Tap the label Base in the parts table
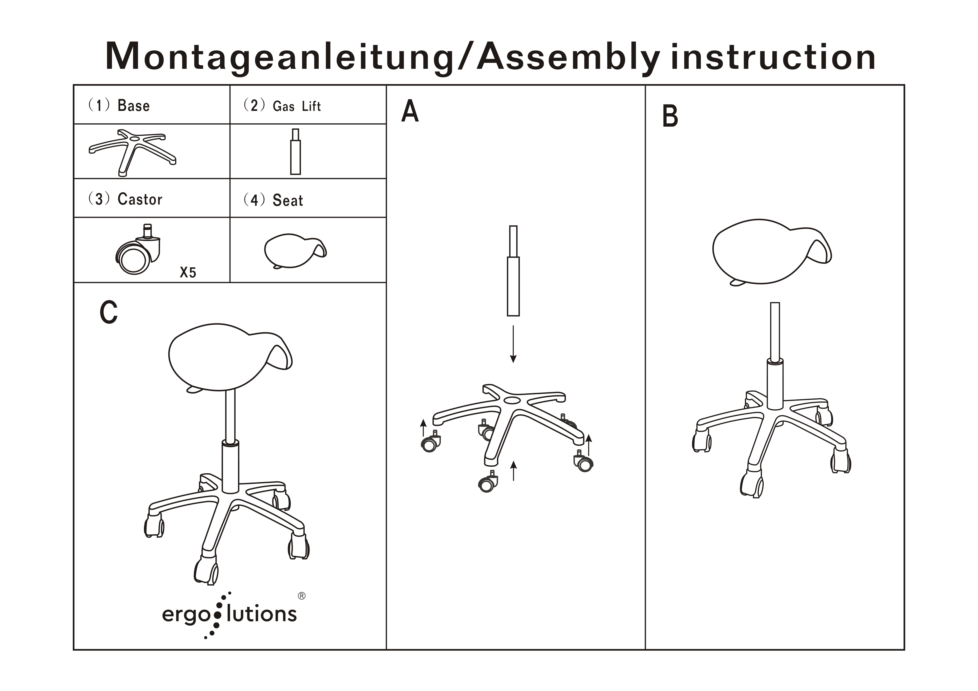coord(133,106)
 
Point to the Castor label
coord(140,199)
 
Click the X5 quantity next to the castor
coord(188,272)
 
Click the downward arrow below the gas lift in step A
coord(513,344)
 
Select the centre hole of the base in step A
coord(512,401)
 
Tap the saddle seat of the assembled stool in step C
coord(230,358)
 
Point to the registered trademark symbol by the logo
coord(302,596)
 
